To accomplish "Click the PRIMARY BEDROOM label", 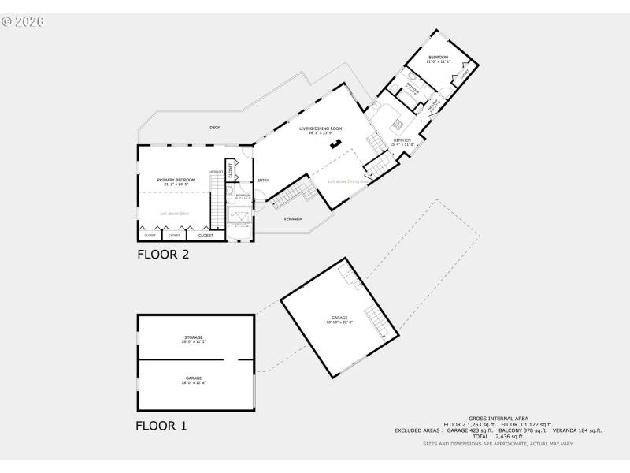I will tap(176, 180).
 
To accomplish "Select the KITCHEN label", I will tap(402, 140).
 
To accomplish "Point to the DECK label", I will tap(215, 128).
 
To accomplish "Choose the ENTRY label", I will tap(263, 181).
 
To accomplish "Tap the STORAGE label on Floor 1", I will tap(194, 337).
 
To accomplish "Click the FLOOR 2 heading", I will tap(163, 255).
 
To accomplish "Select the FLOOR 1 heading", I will tap(161, 426).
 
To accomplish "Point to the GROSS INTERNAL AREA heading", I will tap(498, 418).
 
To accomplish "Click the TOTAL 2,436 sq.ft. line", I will tap(498, 436).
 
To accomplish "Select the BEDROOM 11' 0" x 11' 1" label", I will tap(438, 58).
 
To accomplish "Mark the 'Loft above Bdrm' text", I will tap(175, 214).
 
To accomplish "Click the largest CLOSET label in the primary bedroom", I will tap(206, 235).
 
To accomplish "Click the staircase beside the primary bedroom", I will tap(217, 206).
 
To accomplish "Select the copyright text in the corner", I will tap(23, 21).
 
